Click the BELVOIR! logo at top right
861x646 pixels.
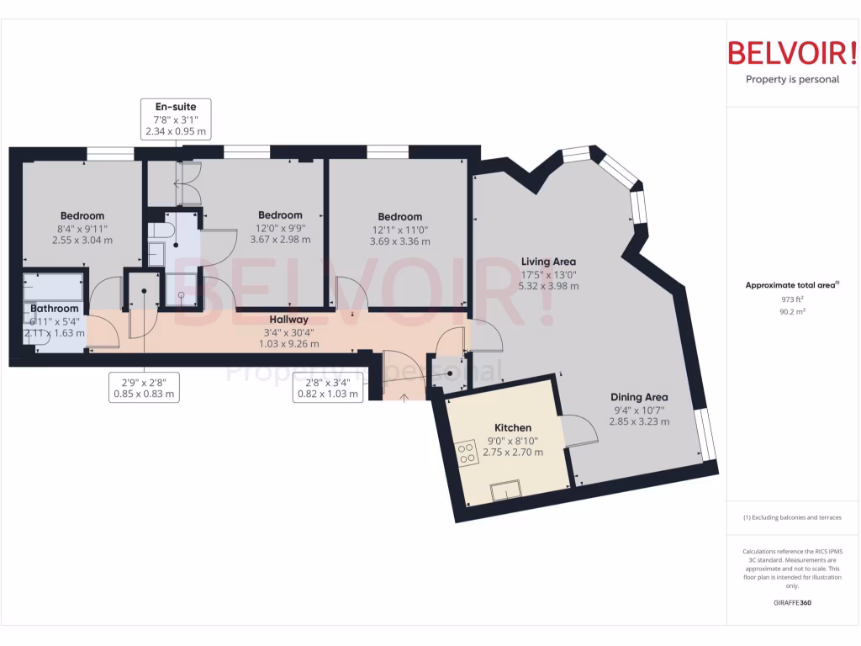[x=792, y=53]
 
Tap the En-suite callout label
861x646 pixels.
[x=176, y=107]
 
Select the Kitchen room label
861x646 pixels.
[x=512, y=428]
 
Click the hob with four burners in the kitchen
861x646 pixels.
[x=467, y=455]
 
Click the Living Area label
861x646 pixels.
[x=547, y=262]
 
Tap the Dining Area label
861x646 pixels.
[x=639, y=397]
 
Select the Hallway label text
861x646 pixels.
[x=288, y=320]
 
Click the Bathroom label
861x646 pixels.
[x=55, y=309]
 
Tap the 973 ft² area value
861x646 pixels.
[x=792, y=299]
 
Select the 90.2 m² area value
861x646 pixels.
[x=792, y=311]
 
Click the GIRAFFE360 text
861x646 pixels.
[x=792, y=603]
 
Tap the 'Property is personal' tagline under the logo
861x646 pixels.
[x=792, y=80]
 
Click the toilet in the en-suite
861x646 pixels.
[x=160, y=230]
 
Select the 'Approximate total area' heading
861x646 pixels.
[x=791, y=285]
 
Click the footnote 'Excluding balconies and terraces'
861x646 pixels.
[x=792, y=517]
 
